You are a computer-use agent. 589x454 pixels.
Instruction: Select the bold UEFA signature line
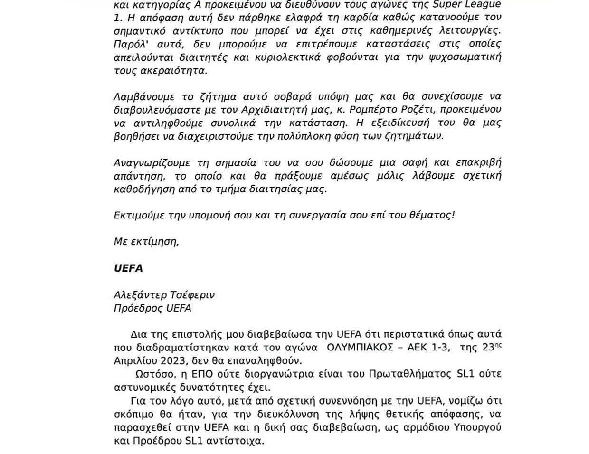(x=128, y=268)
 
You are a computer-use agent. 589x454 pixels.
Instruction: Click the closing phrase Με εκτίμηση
(x=146, y=241)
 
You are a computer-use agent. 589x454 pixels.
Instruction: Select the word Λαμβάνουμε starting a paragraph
(x=143, y=96)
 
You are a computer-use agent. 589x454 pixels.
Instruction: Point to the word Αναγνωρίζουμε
(x=152, y=162)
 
